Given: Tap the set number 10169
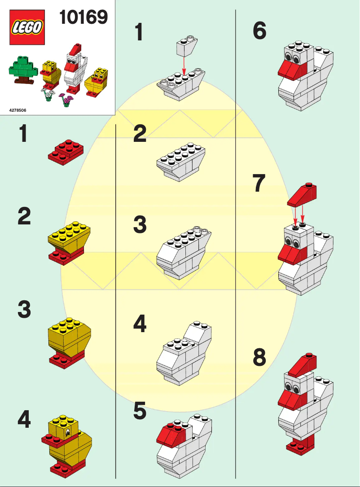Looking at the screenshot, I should (x=83, y=18).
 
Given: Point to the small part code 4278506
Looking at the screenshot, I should (x=18, y=110).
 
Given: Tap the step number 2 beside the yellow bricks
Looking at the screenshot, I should (x=24, y=217).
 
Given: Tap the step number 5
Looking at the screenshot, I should (x=140, y=412).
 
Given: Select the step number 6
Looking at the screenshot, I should (x=259, y=31).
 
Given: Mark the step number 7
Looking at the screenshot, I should (x=259, y=184).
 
